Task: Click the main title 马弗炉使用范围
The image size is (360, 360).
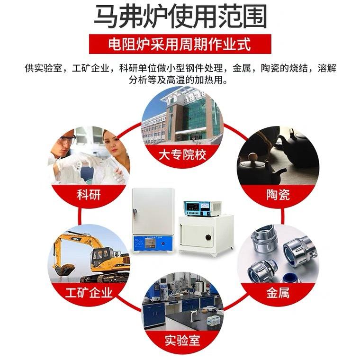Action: pyautogui.click(x=180, y=17)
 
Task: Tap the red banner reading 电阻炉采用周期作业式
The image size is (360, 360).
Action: pyautogui.click(x=180, y=44)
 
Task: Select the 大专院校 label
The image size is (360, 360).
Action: pyautogui.click(x=182, y=154)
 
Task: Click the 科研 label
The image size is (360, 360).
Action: pyautogui.click(x=89, y=195)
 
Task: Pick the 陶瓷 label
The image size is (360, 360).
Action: pyautogui.click(x=278, y=195)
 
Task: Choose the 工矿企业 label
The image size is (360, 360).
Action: pyautogui.click(x=89, y=293)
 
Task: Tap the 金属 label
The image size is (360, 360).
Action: pyautogui.click(x=278, y=293)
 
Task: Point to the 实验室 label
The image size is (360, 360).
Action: pyautogui.click(x=182, y=341)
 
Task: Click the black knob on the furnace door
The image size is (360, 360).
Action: pyautogui.click(x=208, y=237)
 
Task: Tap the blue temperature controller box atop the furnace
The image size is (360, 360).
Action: pyautogui.click(x=202, y=208)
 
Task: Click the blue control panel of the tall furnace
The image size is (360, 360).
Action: pyautogui.click(x=152, y=244)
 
